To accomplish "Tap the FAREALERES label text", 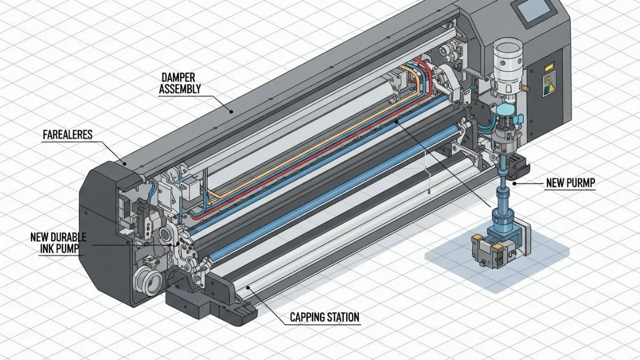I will tap(67, 134).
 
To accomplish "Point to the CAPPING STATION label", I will tap(324, 318).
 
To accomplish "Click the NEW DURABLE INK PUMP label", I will tap(58, 243).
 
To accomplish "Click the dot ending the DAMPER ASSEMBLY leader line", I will tap(231, 111).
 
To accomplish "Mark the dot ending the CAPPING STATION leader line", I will tap(249, 289).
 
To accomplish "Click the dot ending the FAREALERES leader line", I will tap(124, 165).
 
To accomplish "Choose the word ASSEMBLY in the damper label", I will tap(180, 90).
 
